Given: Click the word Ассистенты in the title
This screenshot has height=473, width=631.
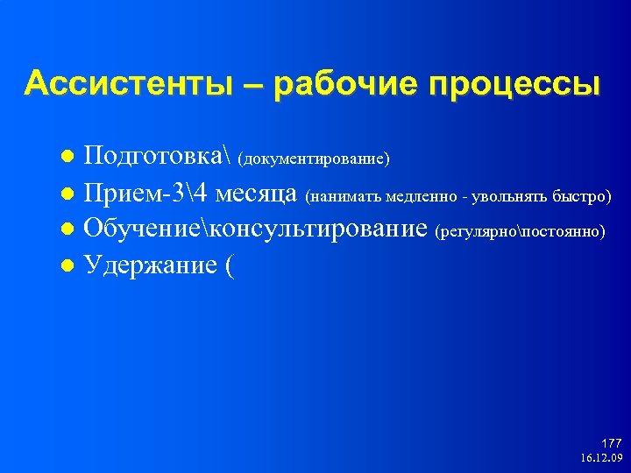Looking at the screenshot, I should [x=127, y=85].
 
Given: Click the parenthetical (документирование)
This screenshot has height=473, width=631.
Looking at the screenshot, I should [x=314, y=160].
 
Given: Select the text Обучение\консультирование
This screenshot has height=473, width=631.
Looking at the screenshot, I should [x=256, y=229].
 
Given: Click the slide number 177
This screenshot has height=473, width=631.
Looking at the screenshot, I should [x=611, y=444].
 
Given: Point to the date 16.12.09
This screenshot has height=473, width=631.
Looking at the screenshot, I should [x=601, y=458].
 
